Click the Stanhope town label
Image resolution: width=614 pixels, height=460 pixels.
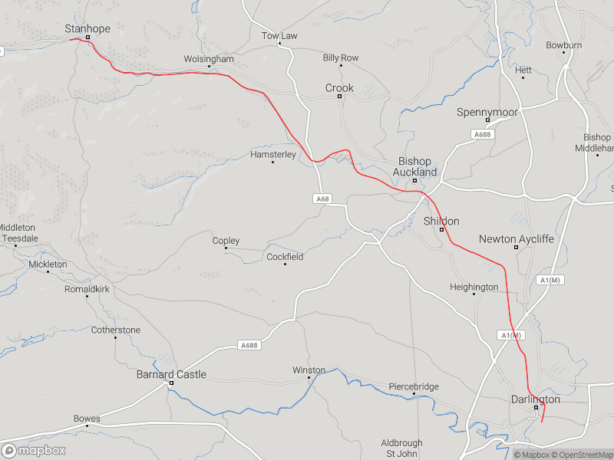pyautogui.click(x=87, y=28)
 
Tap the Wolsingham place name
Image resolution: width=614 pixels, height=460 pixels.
pyautogui.click(x=209, y=58)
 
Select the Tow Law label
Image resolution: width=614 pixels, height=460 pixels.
pyautogui.click(x=279, y=35)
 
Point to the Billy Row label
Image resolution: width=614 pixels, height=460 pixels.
pyautogui.click(x=341, y=58)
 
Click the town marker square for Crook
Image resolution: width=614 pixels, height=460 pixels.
pyautogui.click(x=339, y=97)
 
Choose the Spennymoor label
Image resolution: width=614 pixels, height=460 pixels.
pyautogui.click(x=487, y=112)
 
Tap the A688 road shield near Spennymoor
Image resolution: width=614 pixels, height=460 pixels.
pyautogui.click(x=482, y=135)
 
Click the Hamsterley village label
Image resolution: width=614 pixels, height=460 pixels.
pyautogui.click(x=273, y=154)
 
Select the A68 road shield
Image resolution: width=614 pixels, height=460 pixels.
pyautogui.click(x=322, y=199)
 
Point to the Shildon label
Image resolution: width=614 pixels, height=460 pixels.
pyautogui.click(x=441, y=221)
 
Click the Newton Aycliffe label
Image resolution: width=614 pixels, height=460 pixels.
pyautogui.click(x=516, y=238)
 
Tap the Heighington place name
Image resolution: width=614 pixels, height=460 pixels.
pyautogui.click(x=474, y=287)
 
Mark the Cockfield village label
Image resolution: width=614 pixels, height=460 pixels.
pyautogui.click(x=285, y=256)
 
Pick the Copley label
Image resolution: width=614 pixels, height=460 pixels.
pyautogui.click(x=226, y=240)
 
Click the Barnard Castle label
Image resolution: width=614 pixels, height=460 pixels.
pyautogui.click(x=171, y=374)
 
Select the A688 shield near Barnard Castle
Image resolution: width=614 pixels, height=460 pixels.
pyautogui.click(x=249, y=345)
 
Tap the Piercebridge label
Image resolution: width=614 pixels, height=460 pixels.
pyautogui.click(x=414, y=386)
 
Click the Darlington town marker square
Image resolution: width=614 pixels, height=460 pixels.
pyautogui.click(x=536, y=407)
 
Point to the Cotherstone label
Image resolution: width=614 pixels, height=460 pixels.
pyautogui.click(x=116, y=330)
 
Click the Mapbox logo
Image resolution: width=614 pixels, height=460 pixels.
pyautogui.click(x=33, y=450)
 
